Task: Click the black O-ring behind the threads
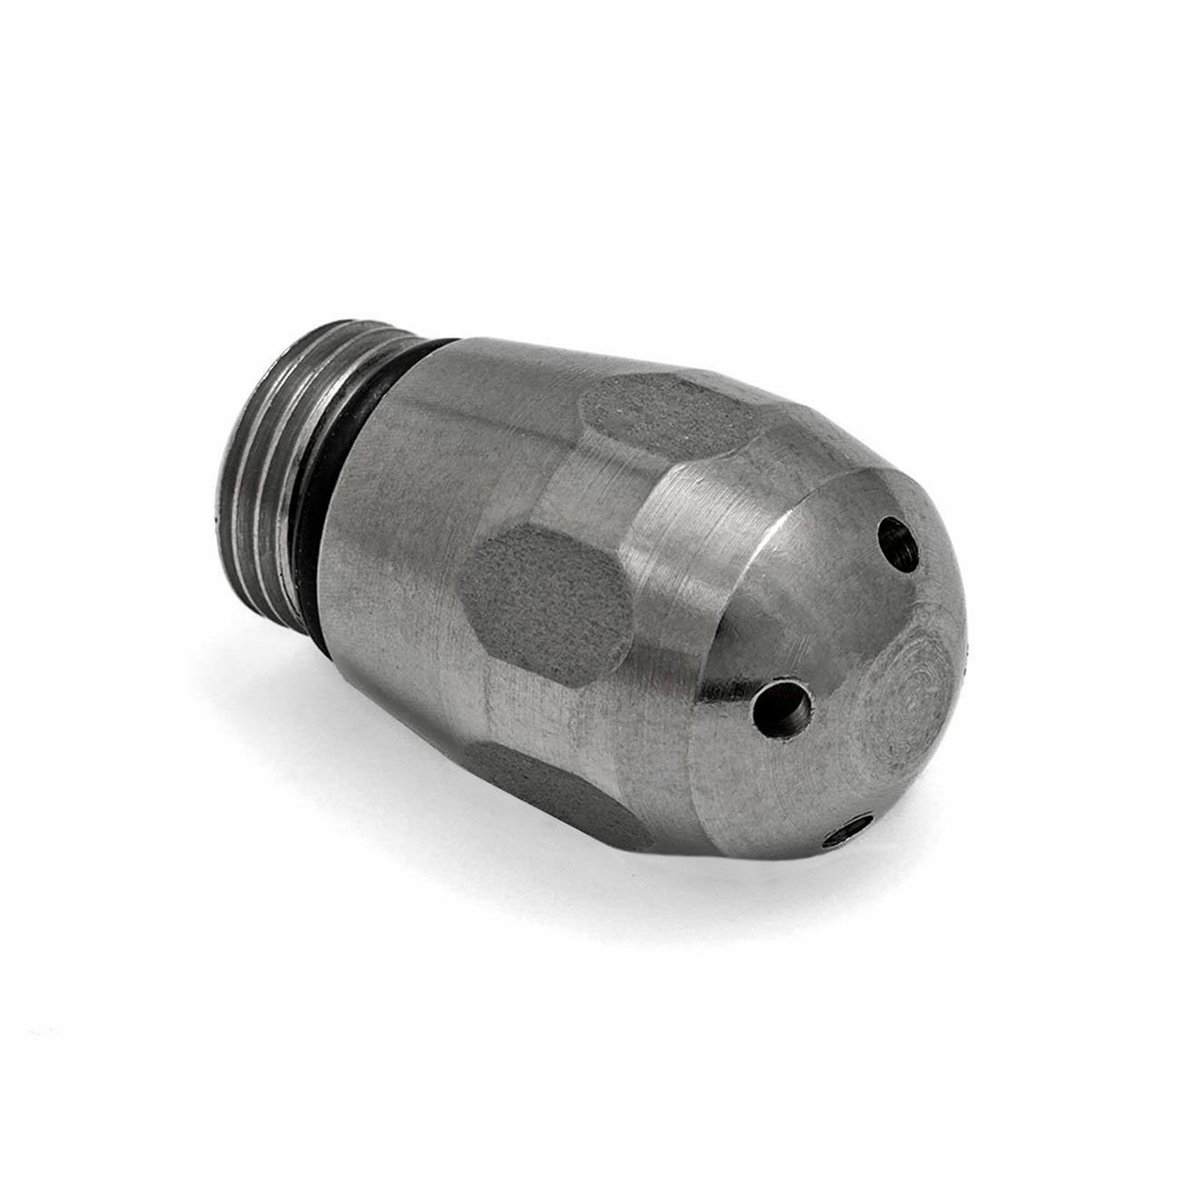382,473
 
